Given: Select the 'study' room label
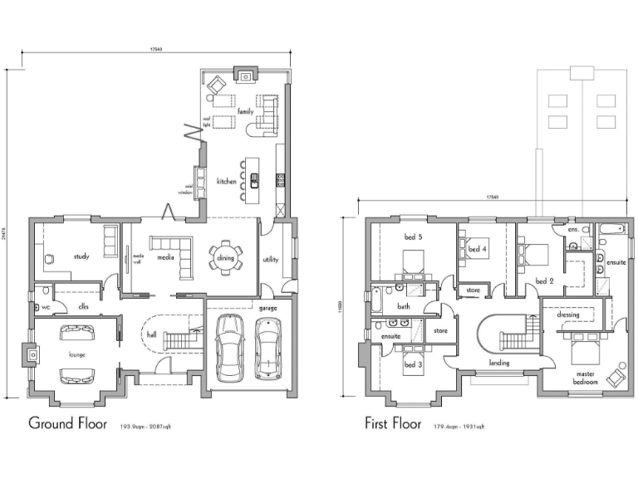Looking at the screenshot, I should click(x=81, y=256).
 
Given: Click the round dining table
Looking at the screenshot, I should click(x=225, y=256).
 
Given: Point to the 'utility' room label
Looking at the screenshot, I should click(x=270, y=260).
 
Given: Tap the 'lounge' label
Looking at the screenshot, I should click(x=76, y=354).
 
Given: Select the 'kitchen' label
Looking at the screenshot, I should click(x=226, y=180).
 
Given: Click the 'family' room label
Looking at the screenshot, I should click(x=245, y=111).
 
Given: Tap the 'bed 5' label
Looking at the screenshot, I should click(x=413, y=237).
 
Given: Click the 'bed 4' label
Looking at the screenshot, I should click(x=476, y=248).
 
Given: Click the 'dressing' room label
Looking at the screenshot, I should click(x=567, y=315).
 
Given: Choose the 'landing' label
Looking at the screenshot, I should click(x=499, y=363).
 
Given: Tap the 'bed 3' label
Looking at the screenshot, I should click(x=412, y=364).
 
